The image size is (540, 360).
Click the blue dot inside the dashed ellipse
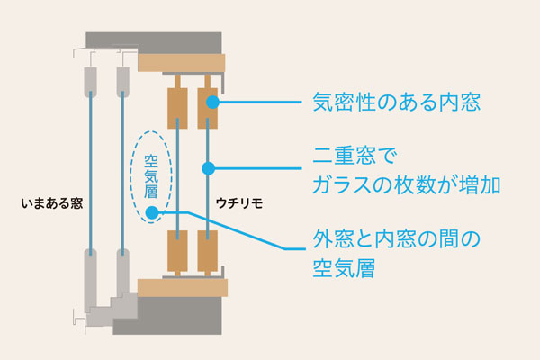point(152,213)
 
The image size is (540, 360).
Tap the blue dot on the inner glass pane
point(209,167)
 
